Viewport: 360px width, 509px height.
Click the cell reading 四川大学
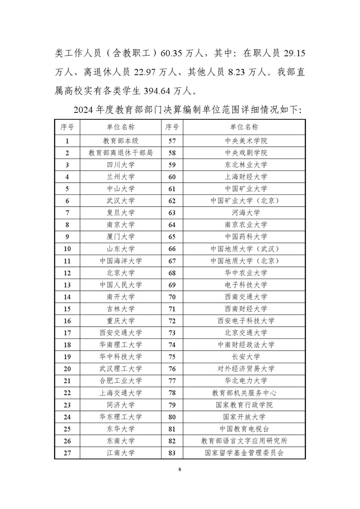(121, 165)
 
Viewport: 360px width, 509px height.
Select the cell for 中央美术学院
(246, 141)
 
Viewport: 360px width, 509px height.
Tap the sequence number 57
(171, 141)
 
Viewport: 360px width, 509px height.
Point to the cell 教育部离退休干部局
(121, 153)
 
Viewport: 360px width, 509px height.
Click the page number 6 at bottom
(180, 469)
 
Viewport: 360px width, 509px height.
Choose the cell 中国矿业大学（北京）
(246, 201)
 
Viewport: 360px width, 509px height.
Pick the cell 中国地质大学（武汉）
(246, 249)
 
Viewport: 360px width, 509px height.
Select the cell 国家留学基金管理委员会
(246, 453)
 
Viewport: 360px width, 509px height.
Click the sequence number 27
(67, 453)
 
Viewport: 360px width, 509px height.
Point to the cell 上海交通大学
(121, 393)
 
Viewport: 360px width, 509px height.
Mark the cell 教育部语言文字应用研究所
(246, 441)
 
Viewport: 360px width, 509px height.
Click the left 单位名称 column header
(121, 127)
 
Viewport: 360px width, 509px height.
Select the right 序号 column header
(171, 127)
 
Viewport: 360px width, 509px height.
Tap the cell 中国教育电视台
(246, 429)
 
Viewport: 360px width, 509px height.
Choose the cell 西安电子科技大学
(246, 321)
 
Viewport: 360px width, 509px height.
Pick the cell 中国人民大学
(121, 285)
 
